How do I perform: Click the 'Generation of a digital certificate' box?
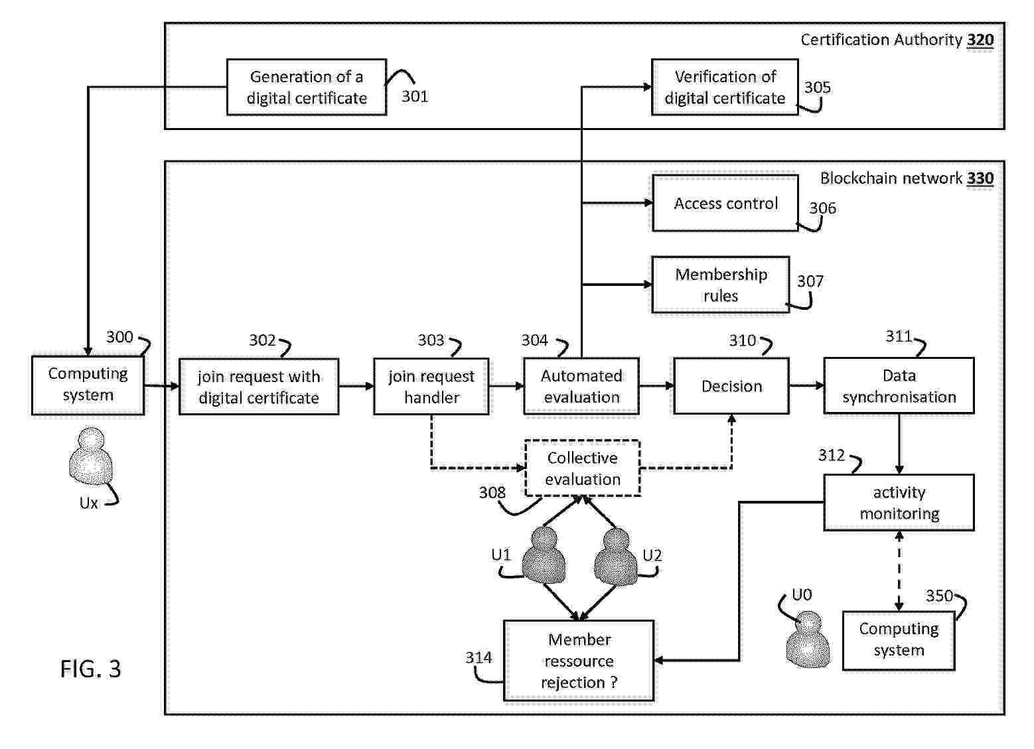point(306,87)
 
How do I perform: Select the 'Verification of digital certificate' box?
point(725,87)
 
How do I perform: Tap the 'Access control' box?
point(725,203)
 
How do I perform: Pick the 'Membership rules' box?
point(721,285)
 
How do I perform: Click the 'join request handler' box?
point(431,387)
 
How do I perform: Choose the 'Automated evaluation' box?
point(581,386)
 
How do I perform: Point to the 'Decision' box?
point(731,386)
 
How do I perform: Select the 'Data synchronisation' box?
point(899,386)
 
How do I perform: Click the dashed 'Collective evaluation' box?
point(582,468)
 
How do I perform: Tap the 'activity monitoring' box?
point(899,502)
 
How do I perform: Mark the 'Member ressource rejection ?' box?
point(579,661)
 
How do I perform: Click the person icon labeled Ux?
point(91,456)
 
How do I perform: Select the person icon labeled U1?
point(545,555)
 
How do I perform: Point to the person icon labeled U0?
point(808,640)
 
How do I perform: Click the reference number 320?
point(980,40)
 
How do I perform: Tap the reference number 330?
point(980,178)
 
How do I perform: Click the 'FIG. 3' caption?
point(91,669)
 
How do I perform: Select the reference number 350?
point(939,596)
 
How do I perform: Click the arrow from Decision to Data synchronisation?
point(806,385)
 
